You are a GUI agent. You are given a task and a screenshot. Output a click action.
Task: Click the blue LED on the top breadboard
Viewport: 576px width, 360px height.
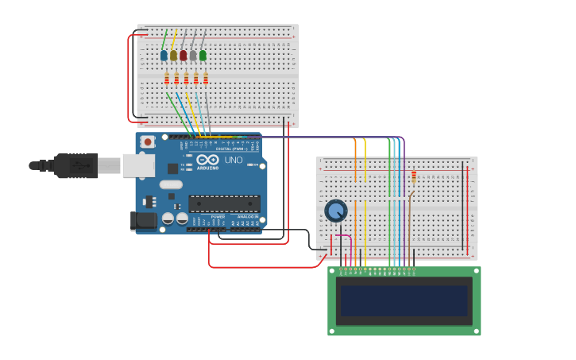click(x=164, y=56)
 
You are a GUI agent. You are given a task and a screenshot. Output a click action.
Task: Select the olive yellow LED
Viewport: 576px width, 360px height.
click(x=173, y=56)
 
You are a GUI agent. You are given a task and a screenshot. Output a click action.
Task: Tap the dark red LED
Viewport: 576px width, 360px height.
click(x=183, y=56)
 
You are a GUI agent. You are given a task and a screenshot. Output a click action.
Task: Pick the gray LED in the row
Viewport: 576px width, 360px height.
click(x=193, y=56)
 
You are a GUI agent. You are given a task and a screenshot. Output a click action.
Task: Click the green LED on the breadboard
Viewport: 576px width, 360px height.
click(x=203, y=56)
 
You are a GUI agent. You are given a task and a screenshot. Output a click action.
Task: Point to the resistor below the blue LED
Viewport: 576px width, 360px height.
click(x=167, y=78)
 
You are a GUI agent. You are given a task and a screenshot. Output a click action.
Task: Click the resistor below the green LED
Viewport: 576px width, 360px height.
click(x=206, y=78)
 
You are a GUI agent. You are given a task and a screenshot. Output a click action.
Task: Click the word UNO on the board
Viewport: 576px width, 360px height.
click(x=234, y=160)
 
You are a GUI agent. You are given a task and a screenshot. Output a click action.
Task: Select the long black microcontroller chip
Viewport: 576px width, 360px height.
click(x=224, y=203)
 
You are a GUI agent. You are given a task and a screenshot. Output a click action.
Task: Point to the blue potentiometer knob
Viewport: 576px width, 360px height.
click(x=336, y=211)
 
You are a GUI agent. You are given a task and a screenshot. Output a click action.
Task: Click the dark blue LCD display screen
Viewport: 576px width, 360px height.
click(x=404, y=300)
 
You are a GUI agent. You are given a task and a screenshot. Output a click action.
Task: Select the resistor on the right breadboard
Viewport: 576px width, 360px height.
click(x=414, y=176)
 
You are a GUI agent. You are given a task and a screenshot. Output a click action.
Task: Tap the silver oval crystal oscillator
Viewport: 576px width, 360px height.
click(x=170, y=184)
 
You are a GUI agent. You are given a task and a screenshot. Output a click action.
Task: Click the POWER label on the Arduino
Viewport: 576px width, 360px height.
click(x=218, y=216)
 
